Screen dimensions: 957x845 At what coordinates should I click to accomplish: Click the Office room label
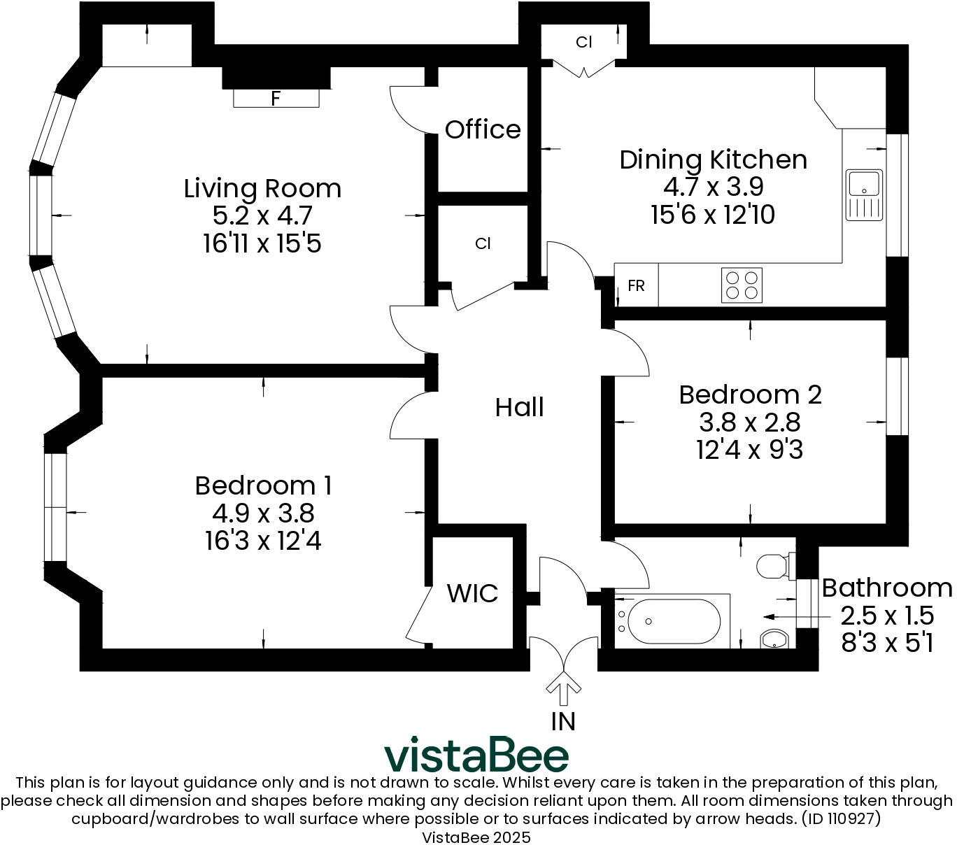pos(482,129)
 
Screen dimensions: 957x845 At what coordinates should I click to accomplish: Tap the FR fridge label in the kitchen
pos(636,286)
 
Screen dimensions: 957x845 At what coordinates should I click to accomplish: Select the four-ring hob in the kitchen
pos(741,285)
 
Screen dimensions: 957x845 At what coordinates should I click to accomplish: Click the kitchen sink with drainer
pos(863,195)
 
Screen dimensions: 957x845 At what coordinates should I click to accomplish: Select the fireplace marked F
pos(276,98)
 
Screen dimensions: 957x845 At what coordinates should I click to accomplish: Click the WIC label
pos(472,593)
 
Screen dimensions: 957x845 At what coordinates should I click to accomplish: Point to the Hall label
pos(519,407)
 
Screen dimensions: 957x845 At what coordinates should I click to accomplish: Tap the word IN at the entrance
pos(563,721)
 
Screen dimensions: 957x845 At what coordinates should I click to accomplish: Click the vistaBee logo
pos(476,754)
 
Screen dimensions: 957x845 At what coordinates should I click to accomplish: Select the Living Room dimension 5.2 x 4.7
pos(262,215)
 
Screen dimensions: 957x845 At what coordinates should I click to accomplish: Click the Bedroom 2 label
pos(750,395)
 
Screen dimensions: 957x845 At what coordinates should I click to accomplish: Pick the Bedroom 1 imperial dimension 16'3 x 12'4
pos(263,540)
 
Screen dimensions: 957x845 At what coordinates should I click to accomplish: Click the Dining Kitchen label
pos(714,160)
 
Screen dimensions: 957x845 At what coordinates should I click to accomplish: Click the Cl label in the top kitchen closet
pos(584,43)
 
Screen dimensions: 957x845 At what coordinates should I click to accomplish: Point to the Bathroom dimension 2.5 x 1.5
pos(887,616)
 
